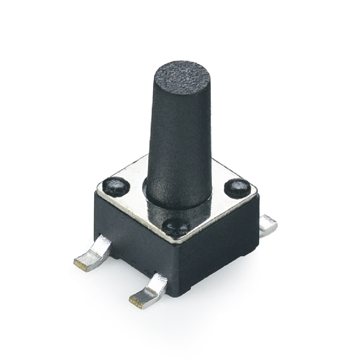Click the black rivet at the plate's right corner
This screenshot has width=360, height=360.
tap(237, 187)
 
